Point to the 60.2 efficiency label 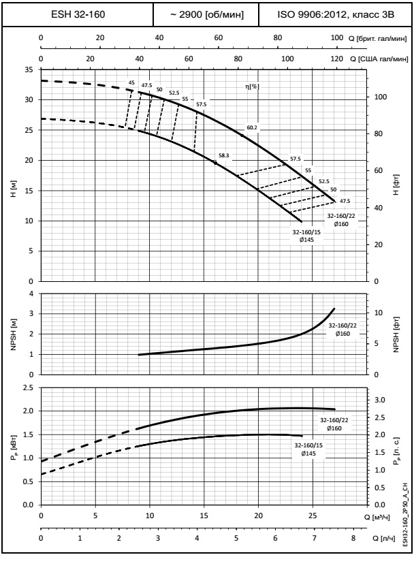click(x=253, y=127)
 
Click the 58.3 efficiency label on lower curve click(x=225, y=155)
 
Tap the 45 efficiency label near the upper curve click(x=131, y=83)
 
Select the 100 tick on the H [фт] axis click(x=381, y=97)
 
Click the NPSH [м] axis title click(x=12, y=334)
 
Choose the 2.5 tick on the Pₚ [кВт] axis click(x=28, y=387)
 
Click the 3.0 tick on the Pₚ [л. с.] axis click(x=382, y=400)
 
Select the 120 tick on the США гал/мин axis click(x=336, y=59)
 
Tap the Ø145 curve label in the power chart click(x=306, y=452)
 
